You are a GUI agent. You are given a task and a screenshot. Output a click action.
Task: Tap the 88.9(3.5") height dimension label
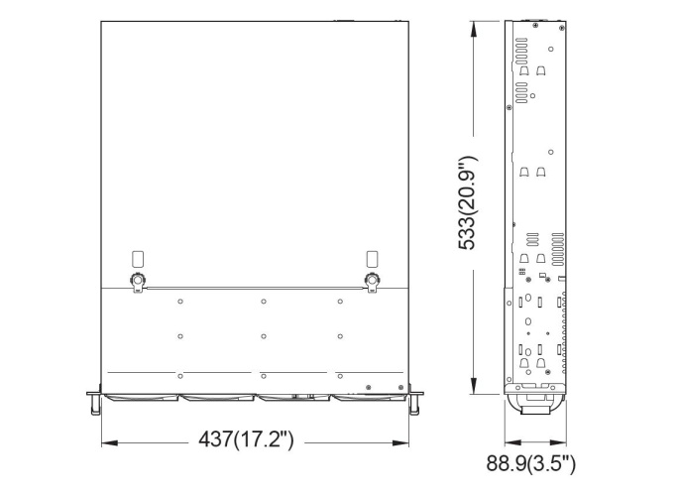(x=530, y=463)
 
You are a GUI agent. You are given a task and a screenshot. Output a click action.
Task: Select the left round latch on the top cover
(x=138, y=281)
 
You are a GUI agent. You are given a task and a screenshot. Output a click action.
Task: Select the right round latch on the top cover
(x=373, y=281)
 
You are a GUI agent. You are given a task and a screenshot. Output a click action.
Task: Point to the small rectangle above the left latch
(x=138, y=258)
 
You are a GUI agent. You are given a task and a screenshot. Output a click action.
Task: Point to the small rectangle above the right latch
(x=373, y=258)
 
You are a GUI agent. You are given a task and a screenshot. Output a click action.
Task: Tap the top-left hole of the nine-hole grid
(x=180, y=302)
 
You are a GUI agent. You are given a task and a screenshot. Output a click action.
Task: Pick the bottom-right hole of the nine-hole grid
(x=340, y=375)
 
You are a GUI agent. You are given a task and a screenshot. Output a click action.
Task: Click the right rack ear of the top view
(x=417, y=400)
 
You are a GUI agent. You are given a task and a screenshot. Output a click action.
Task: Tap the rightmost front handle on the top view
(x=369, y=397)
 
